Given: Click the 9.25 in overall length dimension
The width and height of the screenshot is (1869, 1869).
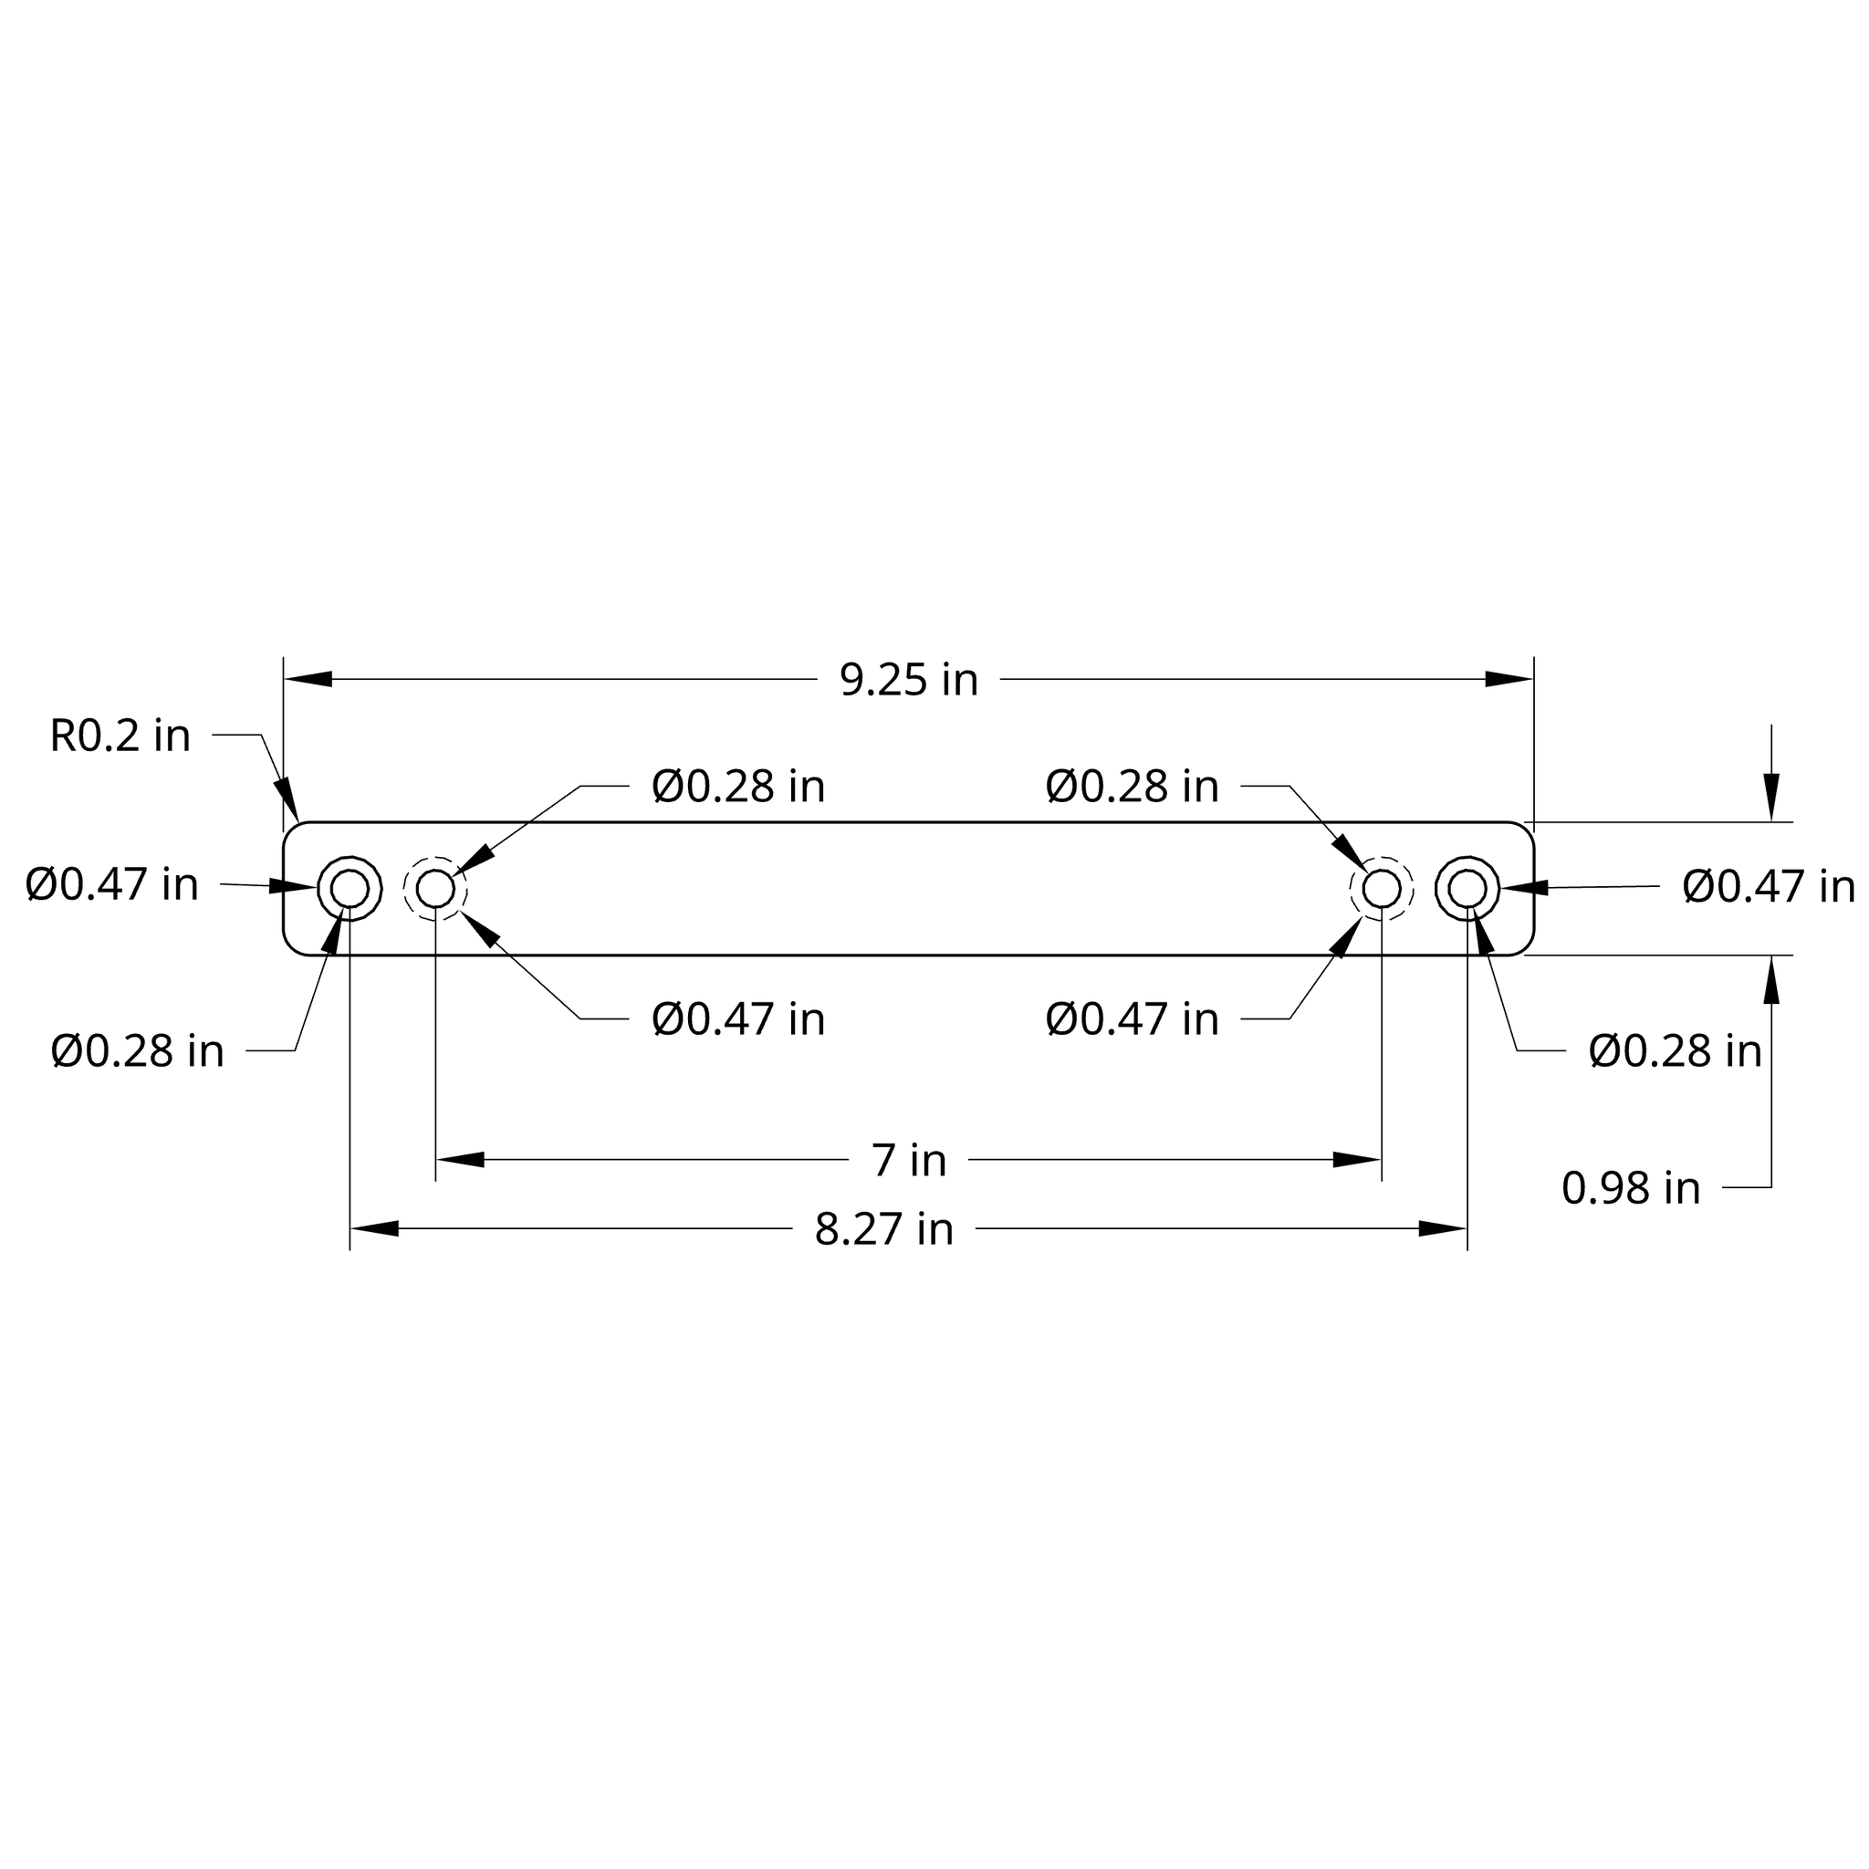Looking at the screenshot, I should [908, 680].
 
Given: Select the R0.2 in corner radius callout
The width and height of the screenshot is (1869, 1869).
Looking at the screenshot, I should [120, 736].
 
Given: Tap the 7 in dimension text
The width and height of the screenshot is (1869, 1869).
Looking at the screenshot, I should [908, 1160].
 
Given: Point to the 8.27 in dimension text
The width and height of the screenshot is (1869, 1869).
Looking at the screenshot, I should [883, 1229].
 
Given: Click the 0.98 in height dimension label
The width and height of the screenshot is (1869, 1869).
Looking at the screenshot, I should [1630, 1188].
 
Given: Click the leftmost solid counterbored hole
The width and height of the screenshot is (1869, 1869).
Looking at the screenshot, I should [350, 888].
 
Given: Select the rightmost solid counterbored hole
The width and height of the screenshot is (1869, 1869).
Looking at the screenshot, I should [1467, 888].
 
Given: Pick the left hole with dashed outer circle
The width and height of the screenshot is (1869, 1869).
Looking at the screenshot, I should [435, 888].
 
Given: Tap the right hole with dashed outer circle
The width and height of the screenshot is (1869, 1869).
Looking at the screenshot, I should [1382, 888].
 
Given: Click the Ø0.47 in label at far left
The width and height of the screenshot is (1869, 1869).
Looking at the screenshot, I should [112, 884].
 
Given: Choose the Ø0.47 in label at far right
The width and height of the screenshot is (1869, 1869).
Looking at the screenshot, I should [1768, 886].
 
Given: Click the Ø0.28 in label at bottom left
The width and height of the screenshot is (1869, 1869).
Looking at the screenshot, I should [138, 1051].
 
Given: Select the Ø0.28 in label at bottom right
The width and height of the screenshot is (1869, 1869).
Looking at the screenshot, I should [1675, 1051].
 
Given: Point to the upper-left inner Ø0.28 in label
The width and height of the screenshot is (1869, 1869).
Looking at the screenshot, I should [738, 787].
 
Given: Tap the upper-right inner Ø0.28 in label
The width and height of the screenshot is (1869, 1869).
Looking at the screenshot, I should [1132, 787].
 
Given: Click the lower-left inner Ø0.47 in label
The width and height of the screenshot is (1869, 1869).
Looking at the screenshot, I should [738, 1019].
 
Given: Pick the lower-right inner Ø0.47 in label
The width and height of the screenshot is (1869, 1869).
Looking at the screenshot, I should [1132, 1019].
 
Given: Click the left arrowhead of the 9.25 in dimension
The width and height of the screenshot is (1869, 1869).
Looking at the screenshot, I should [308, 679].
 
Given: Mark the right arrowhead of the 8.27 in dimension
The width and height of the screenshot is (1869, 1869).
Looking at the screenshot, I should [1444, 1228].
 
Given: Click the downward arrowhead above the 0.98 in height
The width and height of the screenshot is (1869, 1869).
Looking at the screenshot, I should [1771, 799].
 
